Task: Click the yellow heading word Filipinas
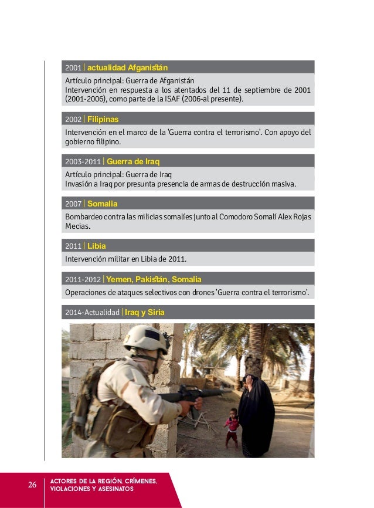click(103, 119)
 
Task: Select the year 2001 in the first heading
click(73, 67)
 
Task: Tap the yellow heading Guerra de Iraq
click(134, 161)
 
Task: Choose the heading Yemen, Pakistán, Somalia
click(154, 279)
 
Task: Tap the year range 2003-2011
click(82, 161)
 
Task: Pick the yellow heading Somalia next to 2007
click(102, 204)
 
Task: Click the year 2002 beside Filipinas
click(73, 119)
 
